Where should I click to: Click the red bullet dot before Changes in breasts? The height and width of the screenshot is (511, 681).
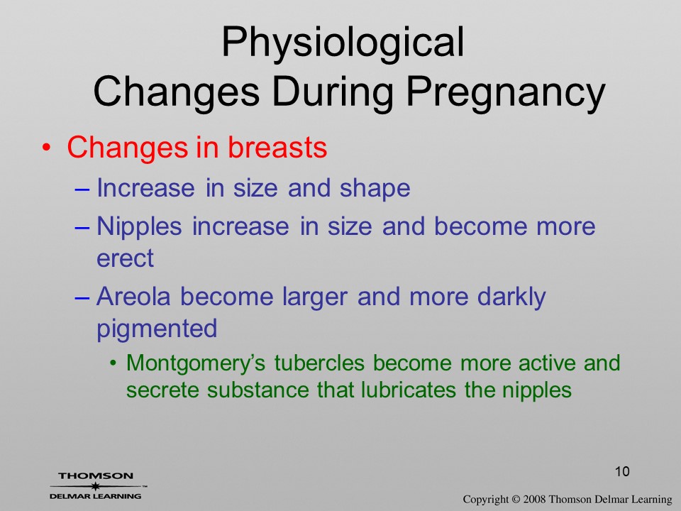[46, 148]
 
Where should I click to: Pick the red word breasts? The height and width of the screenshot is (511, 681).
[277, 147]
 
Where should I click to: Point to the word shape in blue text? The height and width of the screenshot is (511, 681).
[375, 189]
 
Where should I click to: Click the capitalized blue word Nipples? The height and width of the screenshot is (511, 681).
[139, 226]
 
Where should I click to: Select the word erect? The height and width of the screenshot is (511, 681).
[125, 258]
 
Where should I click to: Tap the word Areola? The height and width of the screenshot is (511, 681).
[133, 297]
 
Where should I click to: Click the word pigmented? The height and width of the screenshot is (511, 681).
[157, 329]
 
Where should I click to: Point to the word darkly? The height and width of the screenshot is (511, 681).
[511, 297]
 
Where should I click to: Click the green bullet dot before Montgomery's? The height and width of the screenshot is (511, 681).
[113, 363]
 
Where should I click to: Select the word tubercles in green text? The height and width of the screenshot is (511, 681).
[319, 363]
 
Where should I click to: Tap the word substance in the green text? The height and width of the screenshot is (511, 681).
[258, 390]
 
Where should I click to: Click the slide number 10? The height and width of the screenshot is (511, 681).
[622, 471]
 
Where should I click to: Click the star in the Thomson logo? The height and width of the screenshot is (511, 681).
[95, 485]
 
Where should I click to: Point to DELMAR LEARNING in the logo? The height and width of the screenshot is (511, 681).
[95, 496]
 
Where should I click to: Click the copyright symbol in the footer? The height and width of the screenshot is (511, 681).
[516, 499]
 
